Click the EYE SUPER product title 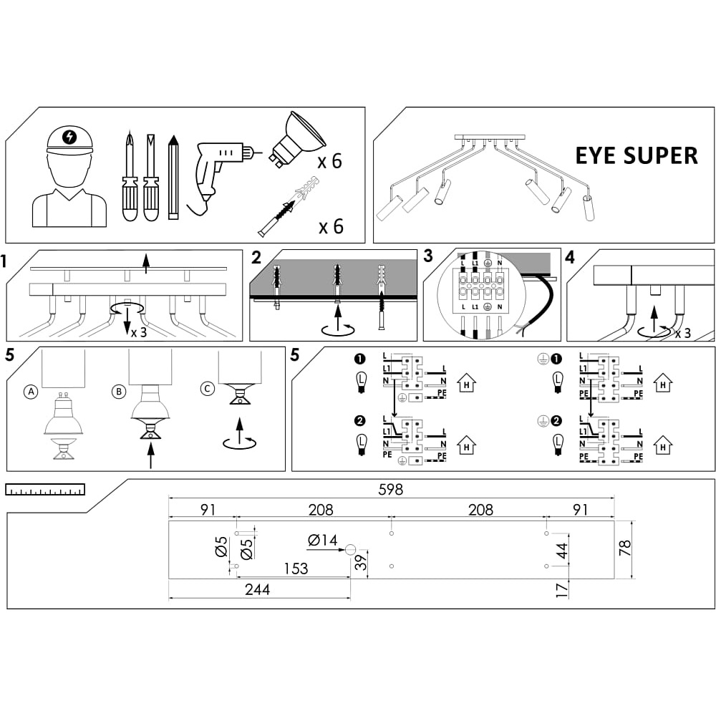point(637,155)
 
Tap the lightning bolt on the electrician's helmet point(69,137)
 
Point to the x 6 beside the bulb point(330,161)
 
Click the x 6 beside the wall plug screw point(331,227)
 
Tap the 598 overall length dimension point(391,490)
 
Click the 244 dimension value point(258,589)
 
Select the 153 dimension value point(295,569)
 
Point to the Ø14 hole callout point(323,541)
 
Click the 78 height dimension point(625,548)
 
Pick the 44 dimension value point(562,551)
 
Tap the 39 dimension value point(362,561)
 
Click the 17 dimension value point(562,589)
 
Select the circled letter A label point(30,392)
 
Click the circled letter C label point(207,389)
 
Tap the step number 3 point(428,256)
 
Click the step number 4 point(570,256)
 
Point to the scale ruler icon point(45,490)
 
